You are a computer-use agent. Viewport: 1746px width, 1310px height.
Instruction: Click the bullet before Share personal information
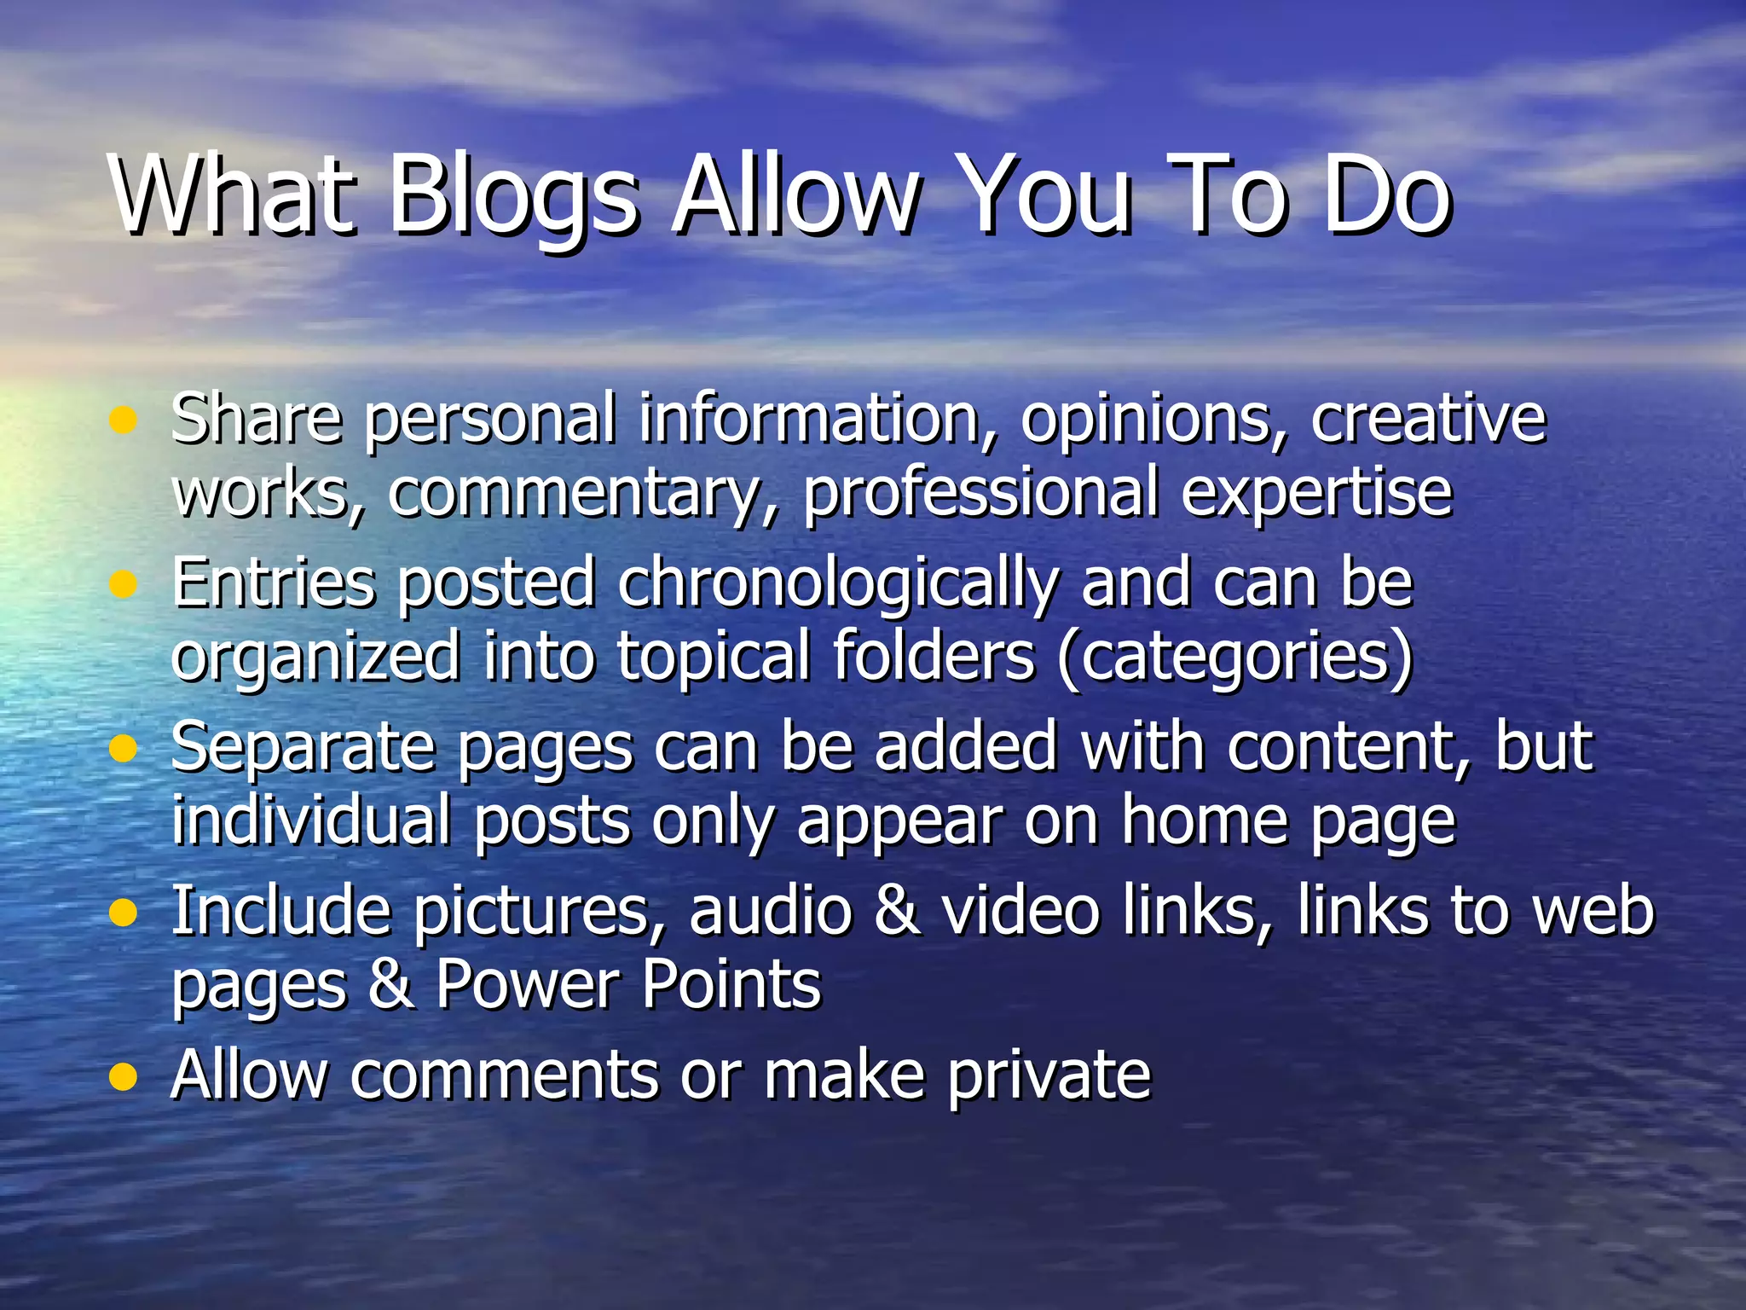point(124,420)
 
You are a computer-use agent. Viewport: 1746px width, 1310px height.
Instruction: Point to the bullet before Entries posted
point(124,584)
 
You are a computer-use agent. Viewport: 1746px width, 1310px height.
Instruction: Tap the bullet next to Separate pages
point(124,749)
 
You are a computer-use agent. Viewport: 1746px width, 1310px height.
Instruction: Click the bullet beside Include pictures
point(124,913)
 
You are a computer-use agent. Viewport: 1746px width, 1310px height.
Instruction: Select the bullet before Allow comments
point(124,1077)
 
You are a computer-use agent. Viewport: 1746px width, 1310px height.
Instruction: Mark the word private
point(1049,1076)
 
